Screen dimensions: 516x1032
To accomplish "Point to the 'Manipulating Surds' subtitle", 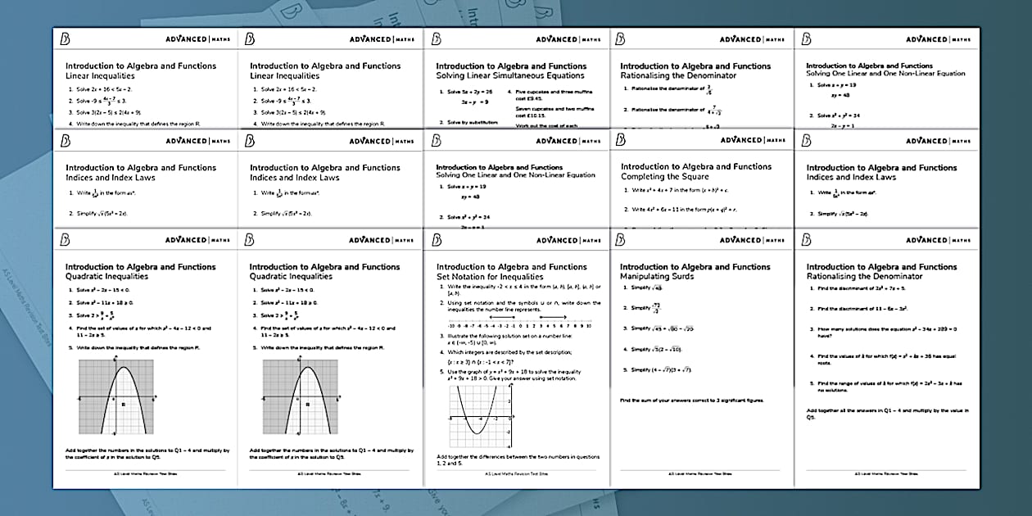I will [x=657, y=277].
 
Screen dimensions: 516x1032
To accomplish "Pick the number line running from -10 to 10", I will [x=516, y=325].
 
